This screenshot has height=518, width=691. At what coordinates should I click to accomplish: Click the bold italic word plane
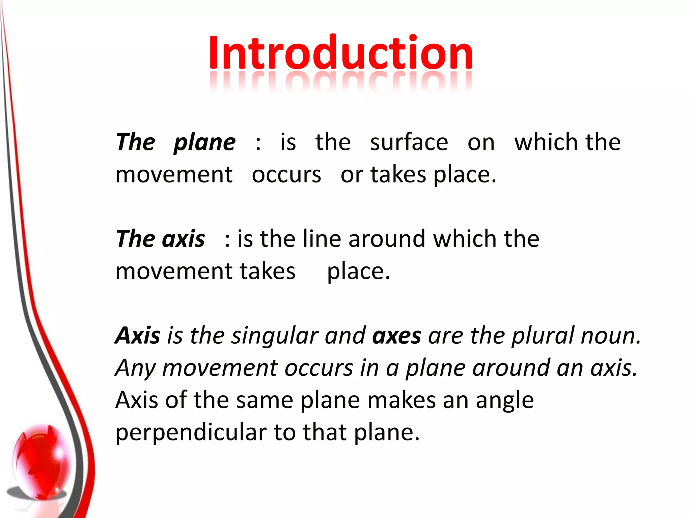pos(205,143)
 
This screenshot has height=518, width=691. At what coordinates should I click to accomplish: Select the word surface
pos(409,142)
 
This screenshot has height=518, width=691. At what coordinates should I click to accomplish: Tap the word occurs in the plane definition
pos(286,175)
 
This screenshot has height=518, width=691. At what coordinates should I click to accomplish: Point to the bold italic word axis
pos(184,239)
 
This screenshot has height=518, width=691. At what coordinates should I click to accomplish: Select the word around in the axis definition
pos(387,239)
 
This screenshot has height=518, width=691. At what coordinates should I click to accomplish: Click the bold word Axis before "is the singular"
pos(138,336)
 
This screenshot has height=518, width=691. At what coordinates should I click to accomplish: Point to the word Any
pos(135,368)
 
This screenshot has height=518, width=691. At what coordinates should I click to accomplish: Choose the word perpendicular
pos(191,433)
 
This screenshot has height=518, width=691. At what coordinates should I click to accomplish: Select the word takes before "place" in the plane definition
pos(398,175)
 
